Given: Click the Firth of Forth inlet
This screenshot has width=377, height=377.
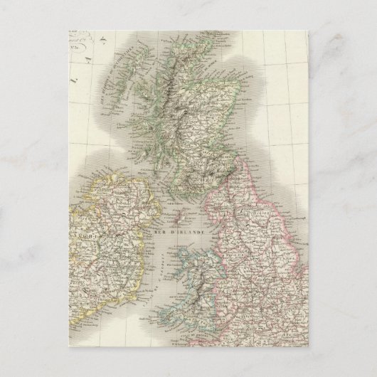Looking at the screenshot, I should (213, 146).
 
